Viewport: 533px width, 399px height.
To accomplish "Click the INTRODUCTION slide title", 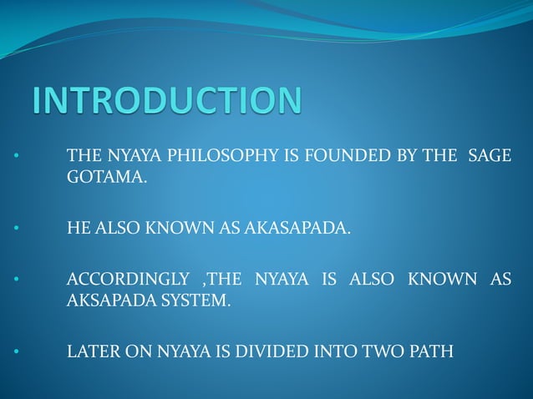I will click(167, 102).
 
